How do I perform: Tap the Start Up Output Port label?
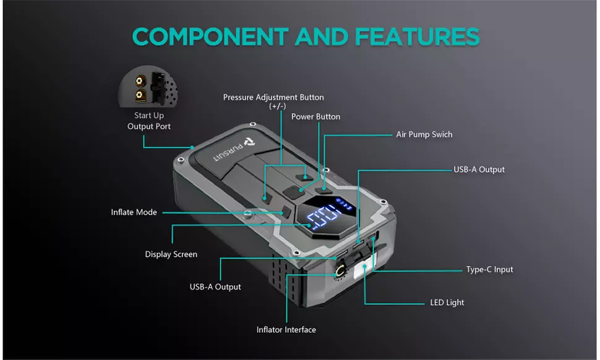(149, 121)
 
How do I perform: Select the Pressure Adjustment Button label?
(273, 97)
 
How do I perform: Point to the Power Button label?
(315, 116)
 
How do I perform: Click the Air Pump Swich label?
(424, 134)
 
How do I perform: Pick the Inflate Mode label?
(134, 212)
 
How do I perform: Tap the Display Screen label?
(171, 254)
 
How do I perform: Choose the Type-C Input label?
(489, 270)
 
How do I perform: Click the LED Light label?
(447, 302)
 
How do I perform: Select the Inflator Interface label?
(286, 330)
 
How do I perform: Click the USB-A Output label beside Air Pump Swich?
(479, 169)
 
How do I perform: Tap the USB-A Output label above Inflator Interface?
(215, 287)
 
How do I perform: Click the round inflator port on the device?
(340, 271)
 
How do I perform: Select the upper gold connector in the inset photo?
(140, 80)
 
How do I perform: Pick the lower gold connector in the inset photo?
(140, 95)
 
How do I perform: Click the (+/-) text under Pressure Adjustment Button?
(273, 106)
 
